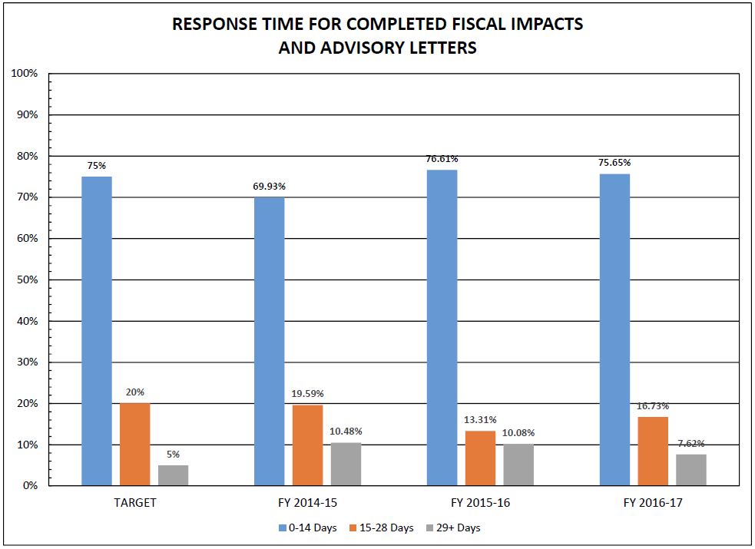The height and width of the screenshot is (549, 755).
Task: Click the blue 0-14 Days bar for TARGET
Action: (x=97, y=331)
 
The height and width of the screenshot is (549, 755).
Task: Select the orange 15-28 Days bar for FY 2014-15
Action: (x=308, y=445)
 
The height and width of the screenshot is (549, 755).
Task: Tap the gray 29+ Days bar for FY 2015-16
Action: (x=518, y=465)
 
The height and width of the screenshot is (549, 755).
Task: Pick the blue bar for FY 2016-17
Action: (x=615, y=329)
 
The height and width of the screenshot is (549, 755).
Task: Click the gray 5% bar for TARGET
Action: (x=174, y=475)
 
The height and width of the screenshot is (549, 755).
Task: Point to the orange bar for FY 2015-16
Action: (x=481, y=458)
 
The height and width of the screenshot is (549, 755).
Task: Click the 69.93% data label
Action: (x=269, y=187)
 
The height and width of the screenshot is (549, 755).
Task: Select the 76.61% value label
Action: (x=442, y=159)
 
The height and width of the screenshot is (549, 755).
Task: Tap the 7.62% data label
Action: (x=691, y=443)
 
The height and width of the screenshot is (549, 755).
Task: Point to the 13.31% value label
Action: (x=480, y=419)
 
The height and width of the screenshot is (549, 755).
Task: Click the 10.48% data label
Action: (x=346, y=431)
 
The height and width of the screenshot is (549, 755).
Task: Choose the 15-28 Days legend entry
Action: (x=382, y=528)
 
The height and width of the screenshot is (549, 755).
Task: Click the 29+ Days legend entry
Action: (x=454, y=528)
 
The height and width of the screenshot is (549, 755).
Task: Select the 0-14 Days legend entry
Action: (x=308, y=528)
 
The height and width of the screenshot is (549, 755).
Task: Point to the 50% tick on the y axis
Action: (x=27, y=280)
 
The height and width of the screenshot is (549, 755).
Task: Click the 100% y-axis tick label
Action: (x=24, y=73)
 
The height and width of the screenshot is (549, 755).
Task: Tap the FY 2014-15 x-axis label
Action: (x=308, y=503)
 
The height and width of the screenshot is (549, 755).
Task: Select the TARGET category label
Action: (x=135, y=503)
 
